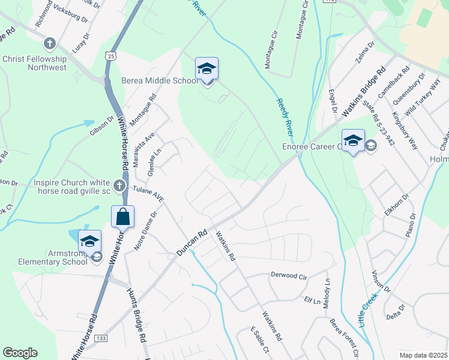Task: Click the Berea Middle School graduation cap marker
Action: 206,70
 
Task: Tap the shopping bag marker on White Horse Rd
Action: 122,217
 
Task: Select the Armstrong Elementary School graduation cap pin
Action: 89,242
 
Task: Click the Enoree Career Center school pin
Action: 353,142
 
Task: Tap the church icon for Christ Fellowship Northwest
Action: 50,44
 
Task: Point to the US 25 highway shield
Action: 110,56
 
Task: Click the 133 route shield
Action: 101,339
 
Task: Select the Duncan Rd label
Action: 192,242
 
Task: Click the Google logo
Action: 20,353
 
